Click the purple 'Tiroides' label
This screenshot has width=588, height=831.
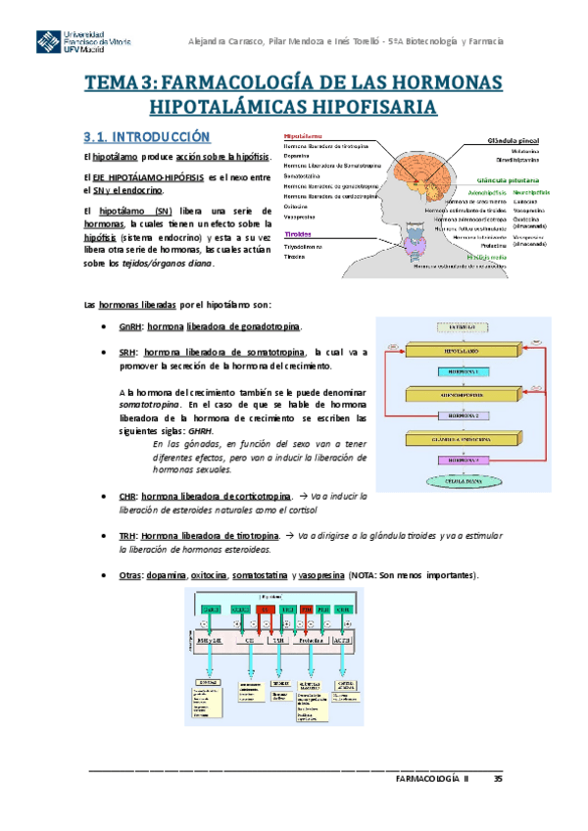(x=297, y=235)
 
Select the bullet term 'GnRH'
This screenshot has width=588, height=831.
(x=128, y=327)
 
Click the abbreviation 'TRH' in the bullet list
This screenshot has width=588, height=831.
(x=126, y=536)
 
